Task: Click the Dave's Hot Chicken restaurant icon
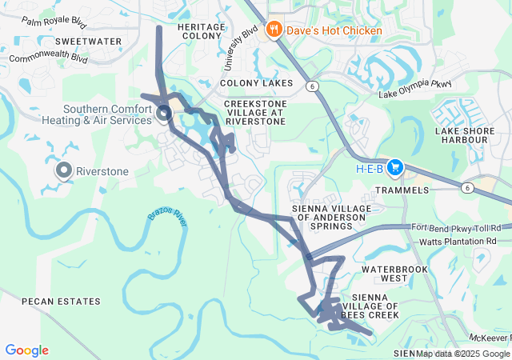274,30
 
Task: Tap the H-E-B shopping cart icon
394,168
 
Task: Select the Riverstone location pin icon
63,170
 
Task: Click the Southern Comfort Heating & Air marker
164,114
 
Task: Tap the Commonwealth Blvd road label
48,58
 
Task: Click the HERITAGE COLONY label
202,31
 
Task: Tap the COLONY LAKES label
256,83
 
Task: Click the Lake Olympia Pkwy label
415,84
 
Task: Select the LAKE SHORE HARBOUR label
461,135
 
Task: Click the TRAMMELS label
403,190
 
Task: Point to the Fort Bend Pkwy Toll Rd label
459,228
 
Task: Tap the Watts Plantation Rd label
458,240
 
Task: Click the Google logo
26,350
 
